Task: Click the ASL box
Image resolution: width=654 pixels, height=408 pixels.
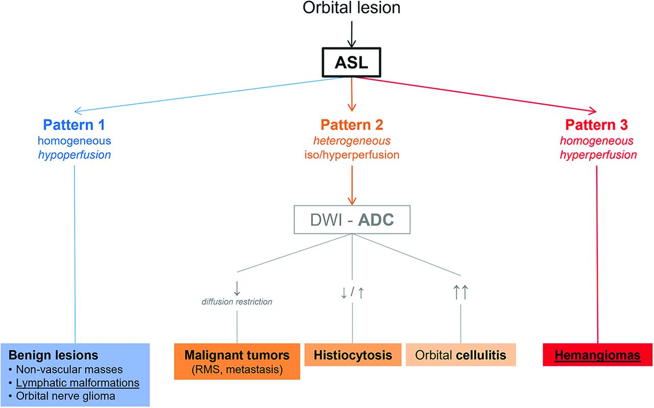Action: pyautogui.click(x=352, y=62)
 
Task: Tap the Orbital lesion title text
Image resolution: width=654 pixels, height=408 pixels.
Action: pyautogui.click(x=352, y=8)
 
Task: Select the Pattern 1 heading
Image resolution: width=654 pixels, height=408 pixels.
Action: pyautogui.click(x=74, y=125)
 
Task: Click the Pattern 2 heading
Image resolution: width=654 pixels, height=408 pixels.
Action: pyautogui.click(x=352, y=125)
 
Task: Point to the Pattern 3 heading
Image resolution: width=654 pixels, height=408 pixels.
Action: pyautogui.click(x=596, y=125)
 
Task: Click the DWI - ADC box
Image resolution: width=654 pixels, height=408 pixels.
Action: pyautogui.click(x=352, y=220)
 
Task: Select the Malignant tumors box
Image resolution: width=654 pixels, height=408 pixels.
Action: pyautogui.click(x=237, y=362)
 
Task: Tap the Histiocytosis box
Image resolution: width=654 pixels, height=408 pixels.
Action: pyautogui.click(x=353, y=354)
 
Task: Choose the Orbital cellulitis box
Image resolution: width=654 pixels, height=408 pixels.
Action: pyautogui.click(x=461, y=354)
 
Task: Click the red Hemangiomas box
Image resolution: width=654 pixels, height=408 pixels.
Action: pyautogui.click(x=598, y=354)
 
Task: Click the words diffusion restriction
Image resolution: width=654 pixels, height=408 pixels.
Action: pyautogui.click(x=237, y=301)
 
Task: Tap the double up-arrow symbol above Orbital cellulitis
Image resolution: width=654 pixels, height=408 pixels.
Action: pyautogui.click(x=461, y=292)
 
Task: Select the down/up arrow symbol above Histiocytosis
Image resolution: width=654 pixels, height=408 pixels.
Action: pyautogui.click(x=353, y=293)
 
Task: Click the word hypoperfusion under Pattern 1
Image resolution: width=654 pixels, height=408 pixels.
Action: pyautogui.click(x=75, y=155)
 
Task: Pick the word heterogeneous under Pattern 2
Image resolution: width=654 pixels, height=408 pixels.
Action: pyautogui.click(x=352, y=141)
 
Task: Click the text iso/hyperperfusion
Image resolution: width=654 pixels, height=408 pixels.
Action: pyautogui.click(x=352, y=155)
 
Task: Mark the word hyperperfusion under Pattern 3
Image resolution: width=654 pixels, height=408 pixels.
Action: pyautogui.click(x=598, y=155)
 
